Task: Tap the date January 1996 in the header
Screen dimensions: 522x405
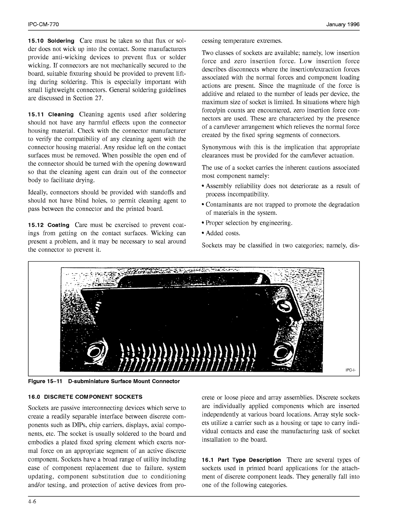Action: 343,25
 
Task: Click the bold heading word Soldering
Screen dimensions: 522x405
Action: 61,41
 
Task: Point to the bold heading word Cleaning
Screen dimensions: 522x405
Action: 61,115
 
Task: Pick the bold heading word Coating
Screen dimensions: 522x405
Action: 59,225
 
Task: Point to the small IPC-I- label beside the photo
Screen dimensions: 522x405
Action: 350,370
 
